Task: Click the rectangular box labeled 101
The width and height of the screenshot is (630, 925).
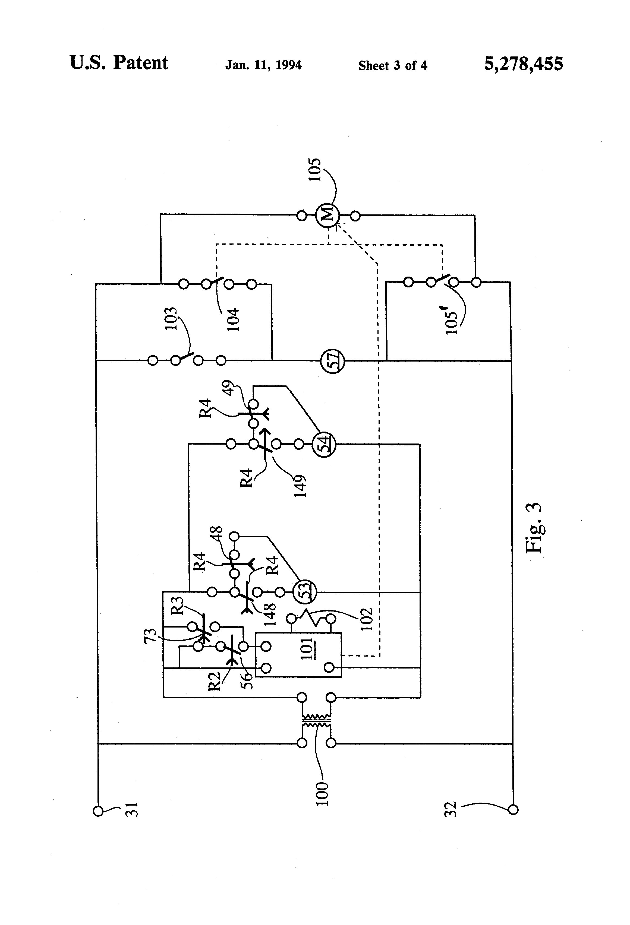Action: (298, 655)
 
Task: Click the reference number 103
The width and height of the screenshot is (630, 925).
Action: (170, 319)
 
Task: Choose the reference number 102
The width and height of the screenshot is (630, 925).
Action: (367, 619)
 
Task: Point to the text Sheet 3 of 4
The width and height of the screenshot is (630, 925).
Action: (393, 65)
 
